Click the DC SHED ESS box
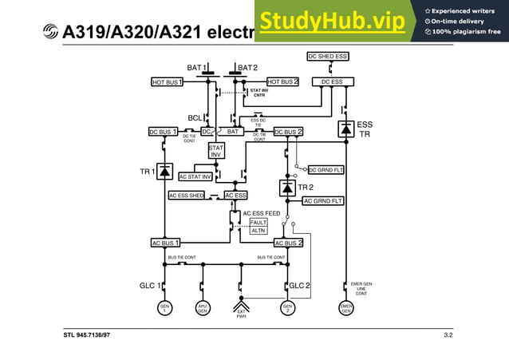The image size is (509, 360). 328,56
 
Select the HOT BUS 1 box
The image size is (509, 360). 168,81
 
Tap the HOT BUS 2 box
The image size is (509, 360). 282,81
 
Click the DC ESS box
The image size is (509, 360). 332,81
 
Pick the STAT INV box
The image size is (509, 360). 216,151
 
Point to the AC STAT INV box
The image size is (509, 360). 195,176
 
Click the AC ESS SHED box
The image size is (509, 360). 187,195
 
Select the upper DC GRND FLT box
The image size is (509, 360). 326,169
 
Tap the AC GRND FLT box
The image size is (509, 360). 323,201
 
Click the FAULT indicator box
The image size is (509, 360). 258,222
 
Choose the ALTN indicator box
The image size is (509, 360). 258,231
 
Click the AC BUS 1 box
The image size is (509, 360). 165,243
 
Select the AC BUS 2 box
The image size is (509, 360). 288,243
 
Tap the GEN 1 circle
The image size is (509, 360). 164,307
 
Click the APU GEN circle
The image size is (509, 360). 203,307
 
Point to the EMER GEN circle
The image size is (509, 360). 345,307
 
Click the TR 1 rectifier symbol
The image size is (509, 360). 165,171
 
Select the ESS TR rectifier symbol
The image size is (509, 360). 345,129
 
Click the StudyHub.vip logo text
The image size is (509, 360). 332,22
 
